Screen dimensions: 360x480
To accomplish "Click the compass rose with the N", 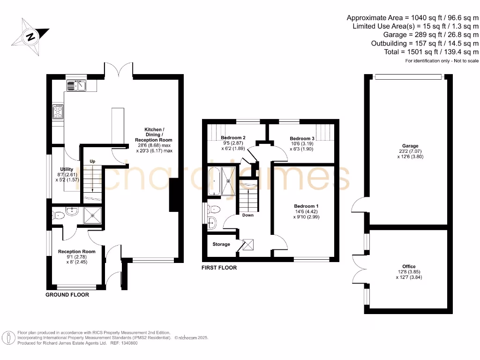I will pos(31,37).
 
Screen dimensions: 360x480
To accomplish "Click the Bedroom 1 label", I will pos(306,206).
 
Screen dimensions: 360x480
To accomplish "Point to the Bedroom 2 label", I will pos(233,138).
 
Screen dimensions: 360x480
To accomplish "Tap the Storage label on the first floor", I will pos(221,244).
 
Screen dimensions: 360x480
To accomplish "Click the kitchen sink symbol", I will pos(76,85).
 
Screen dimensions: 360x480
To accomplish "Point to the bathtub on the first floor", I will pos(214,180).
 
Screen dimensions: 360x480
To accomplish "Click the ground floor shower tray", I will pos(93,216).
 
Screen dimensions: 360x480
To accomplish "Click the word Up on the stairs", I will pos(92,161).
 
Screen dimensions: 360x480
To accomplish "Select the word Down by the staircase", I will pos(247,215).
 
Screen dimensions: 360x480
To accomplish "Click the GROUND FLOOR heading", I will pos(67,295).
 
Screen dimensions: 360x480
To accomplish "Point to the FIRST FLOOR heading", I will pos(219,268).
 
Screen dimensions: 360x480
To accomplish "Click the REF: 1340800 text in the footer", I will pos(124,343).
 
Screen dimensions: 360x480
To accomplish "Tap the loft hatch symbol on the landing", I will pos(248,244).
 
